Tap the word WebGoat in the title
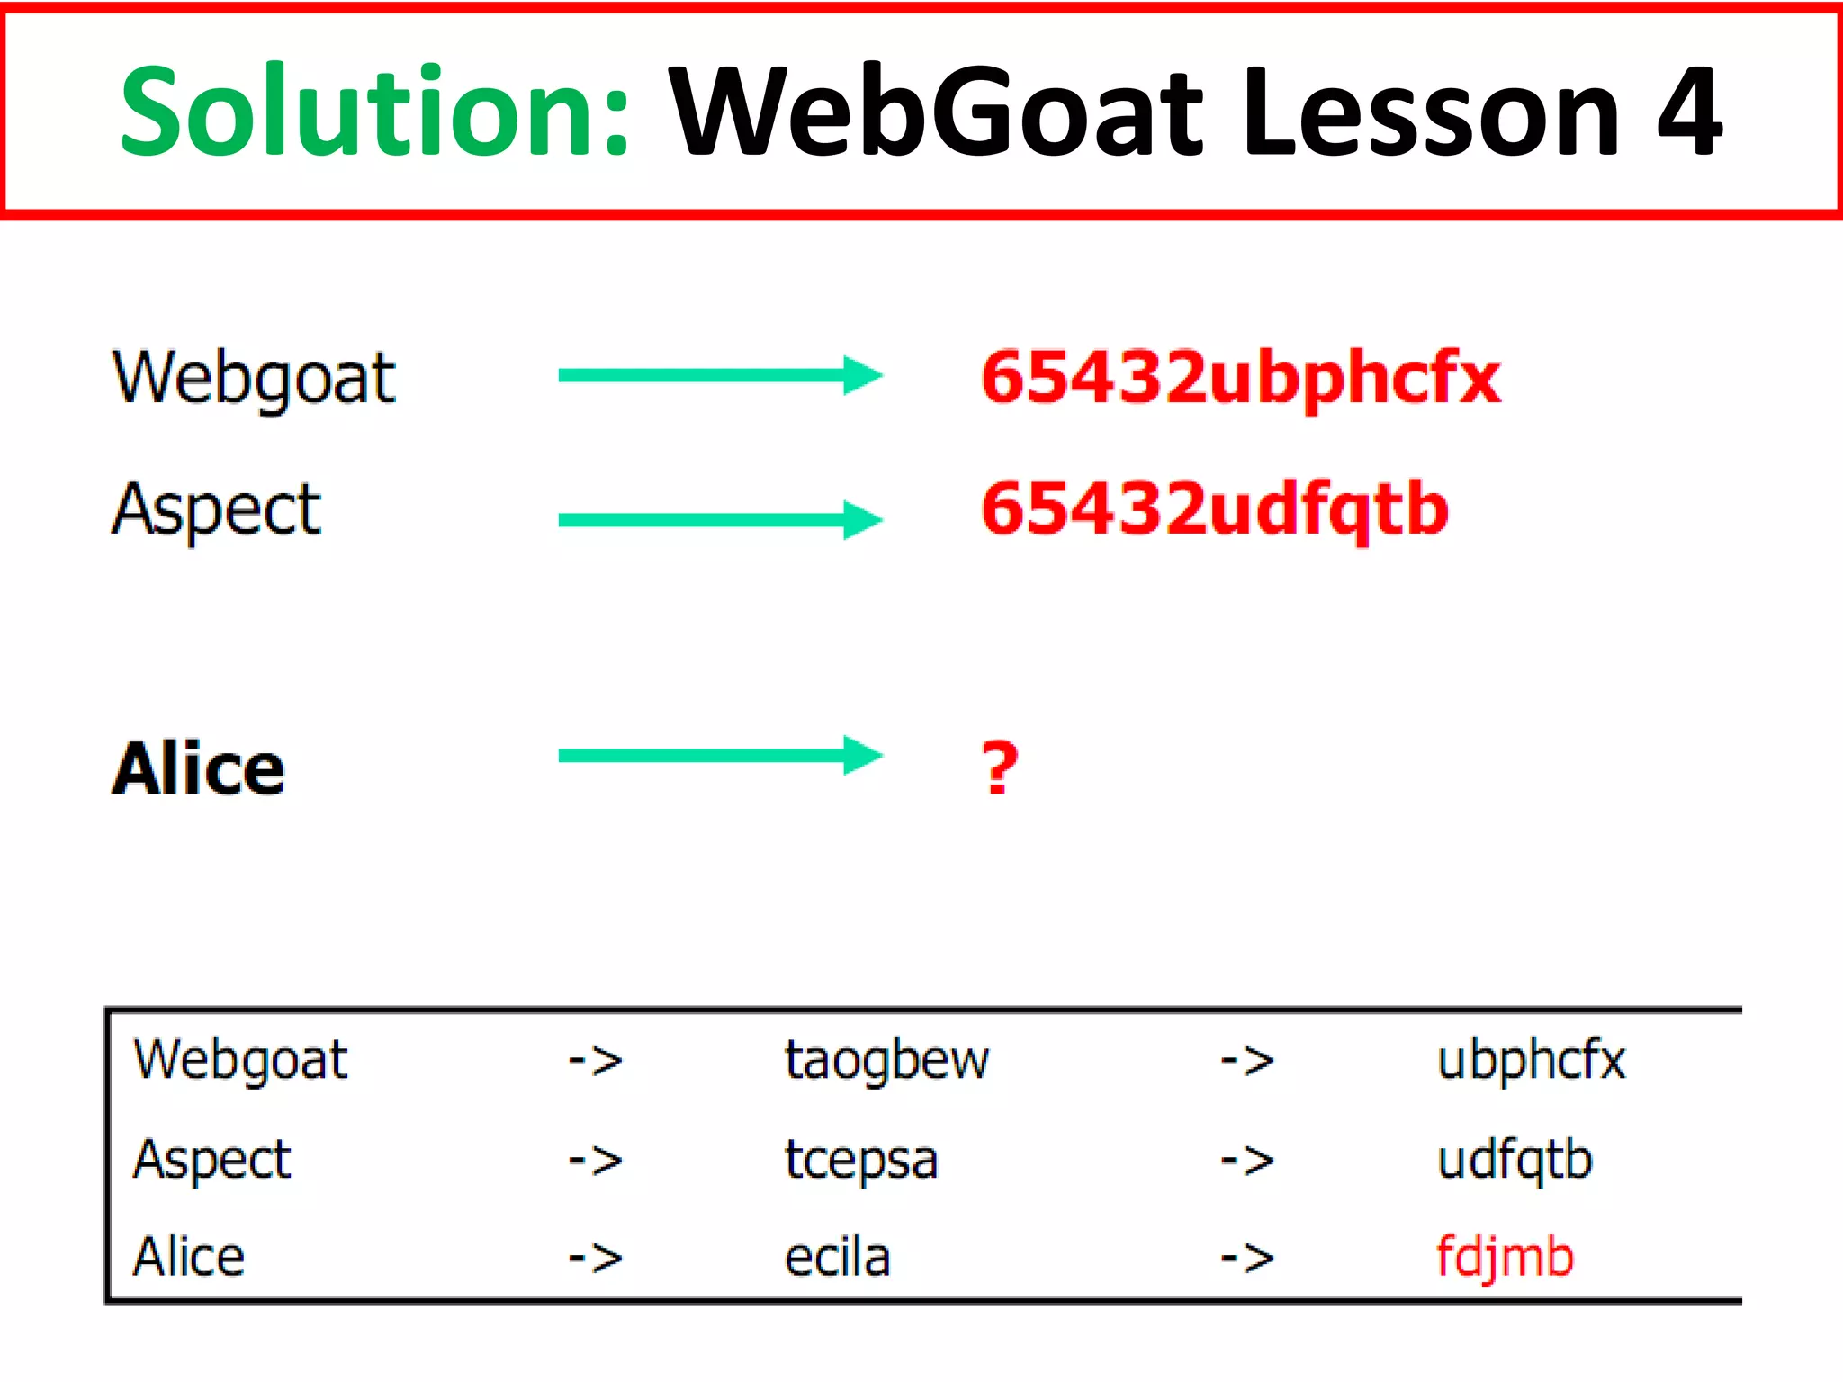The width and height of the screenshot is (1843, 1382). (936, 112)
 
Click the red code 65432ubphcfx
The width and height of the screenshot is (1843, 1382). (1240, 378)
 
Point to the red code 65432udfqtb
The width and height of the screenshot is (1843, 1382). (1215, 509)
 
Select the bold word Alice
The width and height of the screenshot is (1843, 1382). (199, 769)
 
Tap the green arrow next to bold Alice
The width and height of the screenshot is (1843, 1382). (720, 756)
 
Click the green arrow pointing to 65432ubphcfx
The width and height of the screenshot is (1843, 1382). (720, 376)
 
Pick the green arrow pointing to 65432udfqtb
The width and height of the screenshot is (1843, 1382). (720, 520)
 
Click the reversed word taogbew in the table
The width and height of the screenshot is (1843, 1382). (886, 1060)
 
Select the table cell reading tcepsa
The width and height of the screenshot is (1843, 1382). (861, 1160)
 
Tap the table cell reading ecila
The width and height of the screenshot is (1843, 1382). (837, 1257)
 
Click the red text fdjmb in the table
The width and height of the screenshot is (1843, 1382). (1505, 1257)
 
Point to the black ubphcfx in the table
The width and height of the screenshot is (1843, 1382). (1532, 1060)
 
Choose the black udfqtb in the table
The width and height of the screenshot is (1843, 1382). (1515, 1160)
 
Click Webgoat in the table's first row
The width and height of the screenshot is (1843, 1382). (240, 1060)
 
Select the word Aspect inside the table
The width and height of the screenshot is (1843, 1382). (212, 1160)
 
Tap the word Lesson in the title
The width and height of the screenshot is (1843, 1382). (1431, 112)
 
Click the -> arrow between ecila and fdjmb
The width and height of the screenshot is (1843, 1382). (1247, 1258)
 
